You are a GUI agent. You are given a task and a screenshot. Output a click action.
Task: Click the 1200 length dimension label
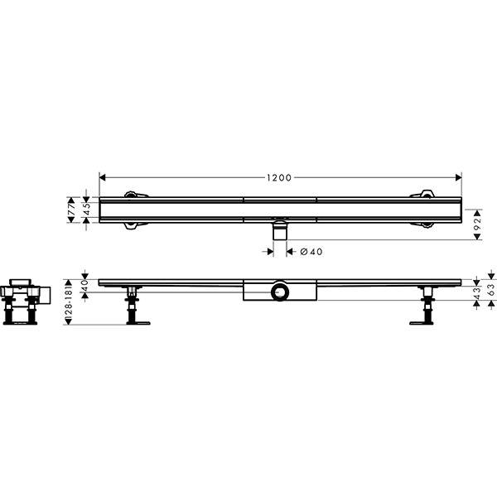278,178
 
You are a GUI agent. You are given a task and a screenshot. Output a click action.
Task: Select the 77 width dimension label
71,210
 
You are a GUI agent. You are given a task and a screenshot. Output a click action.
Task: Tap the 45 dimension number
87,210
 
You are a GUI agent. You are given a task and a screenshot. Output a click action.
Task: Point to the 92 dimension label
478,224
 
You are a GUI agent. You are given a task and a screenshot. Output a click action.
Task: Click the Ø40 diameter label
311,252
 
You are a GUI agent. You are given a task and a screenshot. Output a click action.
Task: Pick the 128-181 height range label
69,302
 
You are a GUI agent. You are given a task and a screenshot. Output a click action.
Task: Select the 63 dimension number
491,290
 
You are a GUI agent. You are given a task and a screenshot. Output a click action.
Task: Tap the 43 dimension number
477,293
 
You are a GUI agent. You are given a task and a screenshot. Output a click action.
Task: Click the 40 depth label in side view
85,286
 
